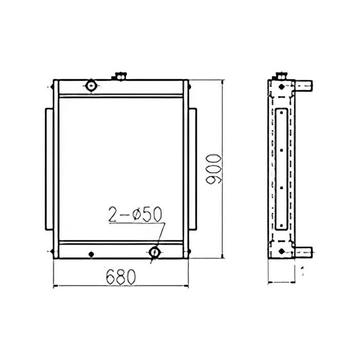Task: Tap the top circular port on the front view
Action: click(x=92, y=85)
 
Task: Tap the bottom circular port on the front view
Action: click(x=155, y=251)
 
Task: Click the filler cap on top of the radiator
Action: click(x=119, y=76)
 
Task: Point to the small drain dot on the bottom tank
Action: click(x=91, y=254)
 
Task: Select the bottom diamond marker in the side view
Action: click(x=282, y=250)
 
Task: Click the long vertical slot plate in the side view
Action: click(x=281, y=170)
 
